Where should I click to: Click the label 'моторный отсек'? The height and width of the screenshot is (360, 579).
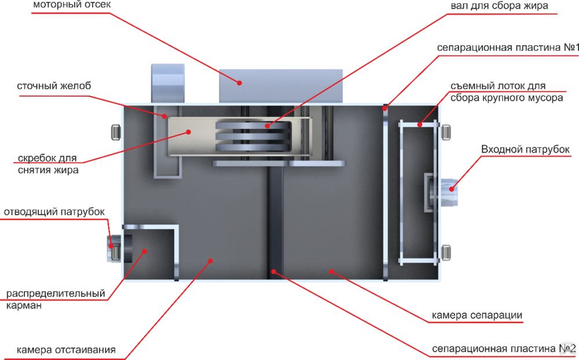[x=72, y=5]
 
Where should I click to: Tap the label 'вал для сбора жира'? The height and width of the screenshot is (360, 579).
[x=499, y=6]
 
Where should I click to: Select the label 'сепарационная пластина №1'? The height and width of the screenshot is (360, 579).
[x=508, y=47]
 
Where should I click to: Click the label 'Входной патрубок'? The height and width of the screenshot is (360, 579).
[x=525, y=149]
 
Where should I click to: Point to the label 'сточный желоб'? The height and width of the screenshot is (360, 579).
[x=54, y=86]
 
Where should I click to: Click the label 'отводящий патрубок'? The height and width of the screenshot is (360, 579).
[x=54, y=212]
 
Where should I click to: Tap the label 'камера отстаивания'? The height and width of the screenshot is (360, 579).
[x=66, y=350]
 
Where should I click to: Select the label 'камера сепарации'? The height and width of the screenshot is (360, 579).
[x=477, y=315]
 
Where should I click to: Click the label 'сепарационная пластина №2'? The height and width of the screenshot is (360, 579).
[x=504, y=348]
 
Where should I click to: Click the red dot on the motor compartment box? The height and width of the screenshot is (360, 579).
[x=239, y=83]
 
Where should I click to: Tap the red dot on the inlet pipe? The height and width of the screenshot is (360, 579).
[x=451, y=189]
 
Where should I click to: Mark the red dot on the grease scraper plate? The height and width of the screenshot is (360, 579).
[x=188, y=132]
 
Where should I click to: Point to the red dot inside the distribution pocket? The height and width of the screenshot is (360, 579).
[x=144, y=251]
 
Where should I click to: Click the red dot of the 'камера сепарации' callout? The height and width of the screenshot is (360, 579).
[x=332, y=272]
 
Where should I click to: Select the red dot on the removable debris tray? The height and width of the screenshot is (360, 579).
[x=419, y=125]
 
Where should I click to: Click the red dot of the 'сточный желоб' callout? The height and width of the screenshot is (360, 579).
[x=164, y=116]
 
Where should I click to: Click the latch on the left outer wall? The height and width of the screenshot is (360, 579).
[x=116, y=132]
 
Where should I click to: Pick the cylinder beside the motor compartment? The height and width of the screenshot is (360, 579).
[x=168, y=83]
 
